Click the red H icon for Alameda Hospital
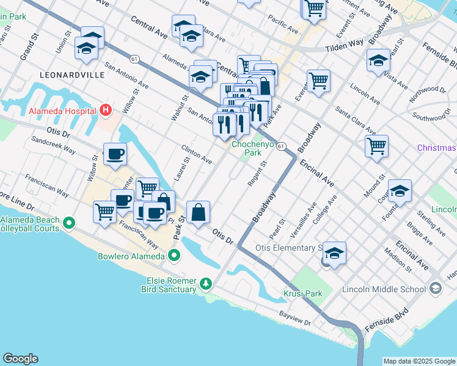[x=106, y=111]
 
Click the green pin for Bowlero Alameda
[x=175, y=256]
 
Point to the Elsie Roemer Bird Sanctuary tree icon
[x=207, y=284]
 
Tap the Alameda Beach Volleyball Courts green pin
[x=69, y=224]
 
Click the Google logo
[x=20, y=359]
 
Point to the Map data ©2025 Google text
[x=419, y=361]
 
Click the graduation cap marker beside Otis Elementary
[x=334, y=252]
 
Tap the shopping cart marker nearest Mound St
[x=376, y=145]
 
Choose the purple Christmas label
[x=436, y=148]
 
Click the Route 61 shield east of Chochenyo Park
[x=281, y=146]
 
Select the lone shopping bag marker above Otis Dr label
[x=199, y=213]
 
